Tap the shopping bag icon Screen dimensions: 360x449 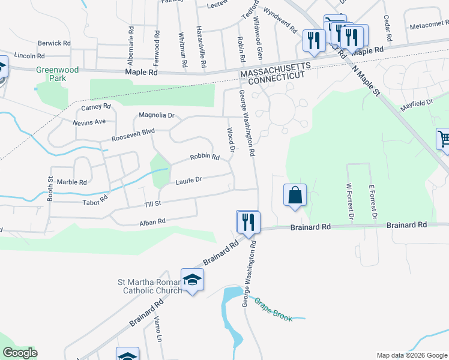pyautogui.click(x=295, y=195)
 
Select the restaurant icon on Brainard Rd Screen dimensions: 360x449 pyautogui.click(x=247, y=222)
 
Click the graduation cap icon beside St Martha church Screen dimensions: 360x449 pyautogui.click(x=193, y=280)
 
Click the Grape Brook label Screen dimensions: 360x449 pyautogui.click(x=273, y=310)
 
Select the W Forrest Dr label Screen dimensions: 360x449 pyautogui.click(x=350, y=202)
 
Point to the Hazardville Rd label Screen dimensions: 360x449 pyautogui.click(x=202, y=46)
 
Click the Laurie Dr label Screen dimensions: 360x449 pyautogui.click(x=189, y=180)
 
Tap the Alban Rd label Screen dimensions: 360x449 pyautogui.click(x=152, y=222)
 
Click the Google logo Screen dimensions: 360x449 pyautogui.click(x=20, y=353)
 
